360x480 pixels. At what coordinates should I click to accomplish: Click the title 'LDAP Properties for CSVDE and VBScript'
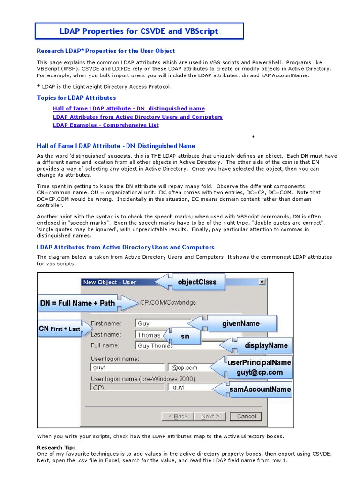[x=139, y=31]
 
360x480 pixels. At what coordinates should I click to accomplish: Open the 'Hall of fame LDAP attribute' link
[x=128, y=108]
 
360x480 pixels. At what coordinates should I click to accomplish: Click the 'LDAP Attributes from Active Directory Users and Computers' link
[x=137, y=117]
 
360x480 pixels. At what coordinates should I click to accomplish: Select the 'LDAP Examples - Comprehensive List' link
[x=105, y=125]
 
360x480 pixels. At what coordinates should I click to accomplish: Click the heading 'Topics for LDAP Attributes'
[x=76, y=98]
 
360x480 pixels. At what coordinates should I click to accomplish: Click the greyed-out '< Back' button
[x=178, y=416]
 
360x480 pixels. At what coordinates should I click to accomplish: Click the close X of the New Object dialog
[x=262, y=282]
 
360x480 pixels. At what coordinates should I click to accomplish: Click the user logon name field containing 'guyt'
[x=127, y=368]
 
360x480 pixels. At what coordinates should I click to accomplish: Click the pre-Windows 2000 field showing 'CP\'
[x=127, y=387]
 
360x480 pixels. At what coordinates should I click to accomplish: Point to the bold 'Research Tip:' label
[x=56, y=447]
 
